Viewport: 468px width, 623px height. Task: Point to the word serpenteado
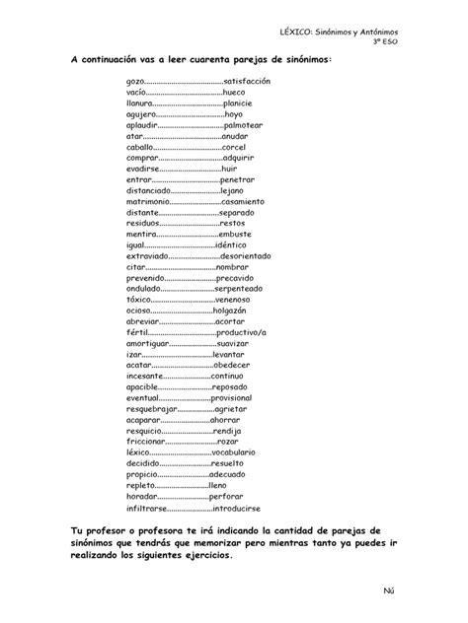click(247, 289)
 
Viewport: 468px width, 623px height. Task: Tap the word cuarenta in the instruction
click(207, 61)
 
